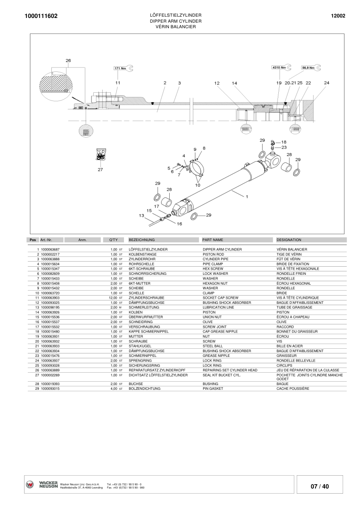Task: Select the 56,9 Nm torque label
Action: click(x=308, y=68)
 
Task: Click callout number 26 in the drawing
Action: click(x=68, y=61)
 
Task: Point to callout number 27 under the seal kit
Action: click(x=100, y=169)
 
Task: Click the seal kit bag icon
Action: click(x=100, y=155)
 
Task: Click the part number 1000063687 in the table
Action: click(x=50, y=249)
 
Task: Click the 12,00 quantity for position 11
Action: click(x=113, y=297)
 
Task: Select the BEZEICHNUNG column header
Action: click(x=142, y=240)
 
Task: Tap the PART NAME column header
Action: click(x=213, y=240)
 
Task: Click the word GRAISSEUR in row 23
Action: click(x=287, y=356)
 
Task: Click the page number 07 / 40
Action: click(x=320, y=486)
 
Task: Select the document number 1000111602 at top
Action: click(x=41, y=16)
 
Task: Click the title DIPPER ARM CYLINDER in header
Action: click(x=176, y=21)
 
